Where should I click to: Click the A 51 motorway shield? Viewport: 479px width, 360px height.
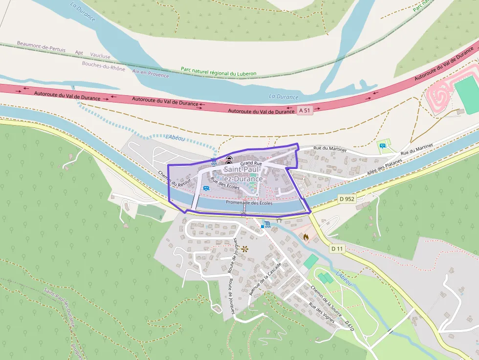[x=304, y=110]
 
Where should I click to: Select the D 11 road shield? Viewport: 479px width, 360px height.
[x=337, y=249]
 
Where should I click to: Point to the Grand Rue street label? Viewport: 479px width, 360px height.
[x=251, y=163]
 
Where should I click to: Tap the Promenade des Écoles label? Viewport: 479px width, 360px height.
[x=249, y=203]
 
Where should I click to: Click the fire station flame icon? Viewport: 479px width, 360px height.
[x=306, y=237]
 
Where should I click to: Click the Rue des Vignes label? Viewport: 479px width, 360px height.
[x=322, y=313]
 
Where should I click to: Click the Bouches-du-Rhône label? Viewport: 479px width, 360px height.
[x=103, y=66]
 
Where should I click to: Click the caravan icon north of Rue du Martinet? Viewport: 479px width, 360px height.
[x=382, y=145]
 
